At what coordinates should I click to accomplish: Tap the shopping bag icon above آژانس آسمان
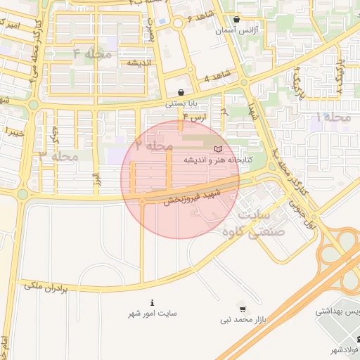click(236, 20)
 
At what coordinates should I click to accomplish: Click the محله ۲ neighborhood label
click(154, 146)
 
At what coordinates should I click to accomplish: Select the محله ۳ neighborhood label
click(58, 155)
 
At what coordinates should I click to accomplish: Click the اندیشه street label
click(140, 63)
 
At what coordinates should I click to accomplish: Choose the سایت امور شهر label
click(152, 314)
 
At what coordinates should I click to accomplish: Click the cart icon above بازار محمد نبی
click(243, 309)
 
